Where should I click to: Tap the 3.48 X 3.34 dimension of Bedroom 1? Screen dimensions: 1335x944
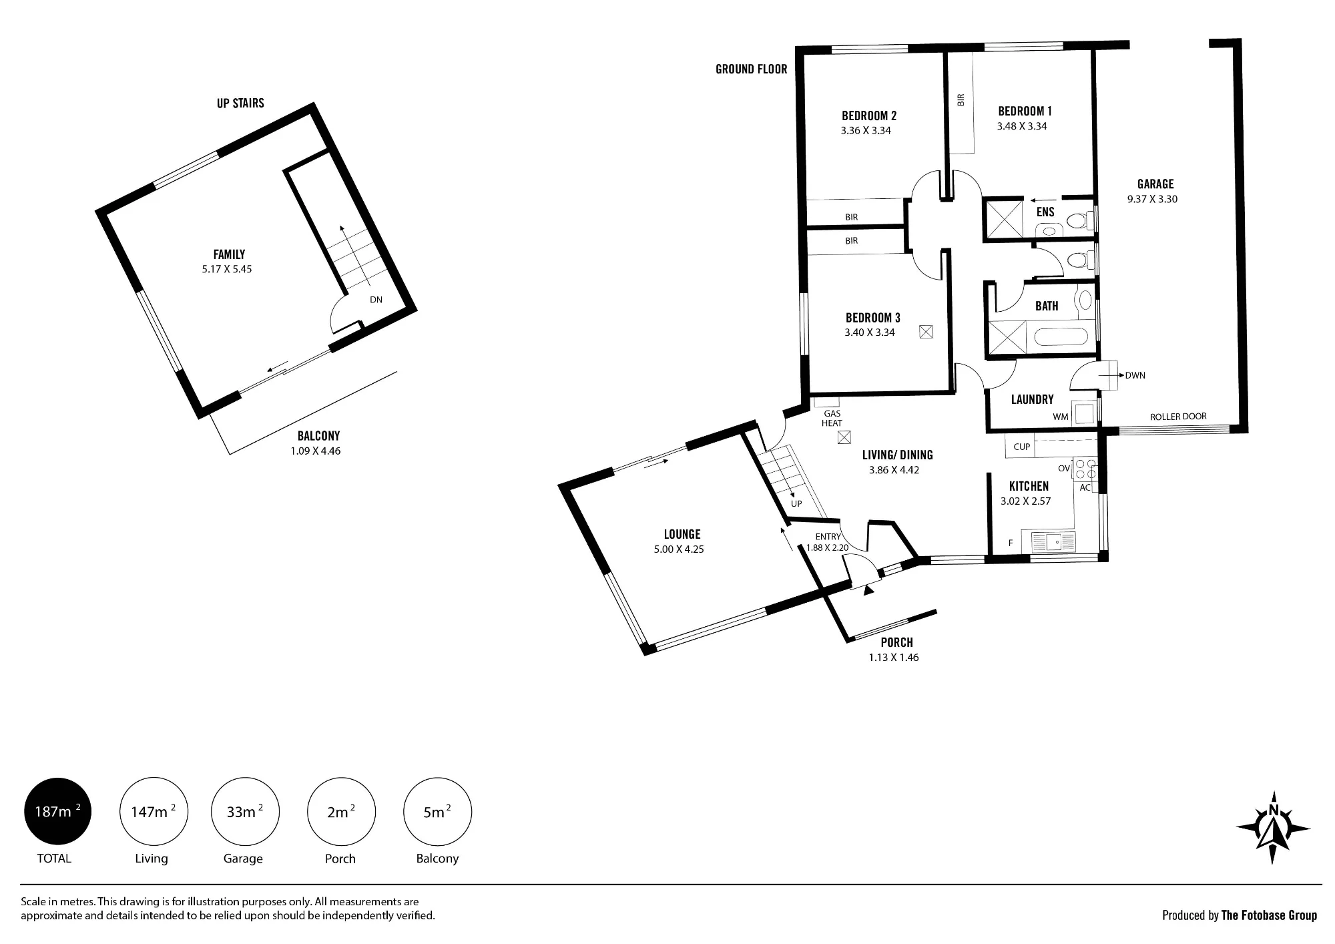pyautogui.click(x=1022, y=126)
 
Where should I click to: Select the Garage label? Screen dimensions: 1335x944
pyautogui.click(x=1155, y=184)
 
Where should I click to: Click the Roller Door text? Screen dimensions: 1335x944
pyautogui.click(x=1178, y=417)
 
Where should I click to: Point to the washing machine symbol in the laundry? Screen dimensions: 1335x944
pyautogui.click(x=1083, y=412)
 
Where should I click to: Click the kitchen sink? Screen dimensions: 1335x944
pyautogui.click(x=1053, y=541)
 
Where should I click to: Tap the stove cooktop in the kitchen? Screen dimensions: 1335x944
pyautogui.click(x=1085, y=469)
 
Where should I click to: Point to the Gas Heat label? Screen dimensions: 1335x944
pyautogui.click(x=832, y=418)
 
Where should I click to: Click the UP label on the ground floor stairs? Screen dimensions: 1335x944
pyautogui.click(x=796, y=504)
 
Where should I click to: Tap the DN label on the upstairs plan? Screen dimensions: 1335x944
pyautogui.click(x=376, y=300)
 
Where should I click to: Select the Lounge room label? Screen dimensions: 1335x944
pyautogui.click(x=682, y=534)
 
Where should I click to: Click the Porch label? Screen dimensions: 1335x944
pyautogui.click(x=896, y=642)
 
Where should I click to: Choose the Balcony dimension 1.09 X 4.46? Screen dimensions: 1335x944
pyautogui.click(x=316, y=451)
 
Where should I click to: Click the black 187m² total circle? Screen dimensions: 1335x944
pyautogui.click(x=57, y=812)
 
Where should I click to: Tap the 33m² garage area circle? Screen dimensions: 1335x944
pyautogui.click(x=245, y=812)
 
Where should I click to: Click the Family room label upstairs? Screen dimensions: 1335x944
pyautogui.click(x=229, y=254)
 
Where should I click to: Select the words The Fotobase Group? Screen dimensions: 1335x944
pyautogui.click(x=1269, y=915)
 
